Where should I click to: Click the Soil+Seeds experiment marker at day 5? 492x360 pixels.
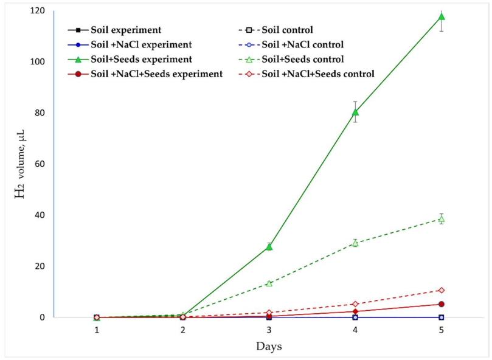pos(442,16)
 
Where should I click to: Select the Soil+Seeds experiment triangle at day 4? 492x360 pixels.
pos(355,112)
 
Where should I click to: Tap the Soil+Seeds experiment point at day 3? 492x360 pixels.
pos(269,246)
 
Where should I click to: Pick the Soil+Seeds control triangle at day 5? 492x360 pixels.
pos(442,219)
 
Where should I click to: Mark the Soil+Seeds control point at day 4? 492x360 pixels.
pos(355,243)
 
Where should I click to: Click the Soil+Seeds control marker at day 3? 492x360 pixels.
pos(269,283)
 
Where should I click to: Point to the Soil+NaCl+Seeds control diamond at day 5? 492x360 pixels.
pos(442,290)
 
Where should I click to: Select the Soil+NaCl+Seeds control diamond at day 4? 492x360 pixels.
pos(355,304)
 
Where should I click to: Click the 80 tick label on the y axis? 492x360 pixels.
pos(41,113)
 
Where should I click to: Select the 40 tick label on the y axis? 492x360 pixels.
pos(41,215)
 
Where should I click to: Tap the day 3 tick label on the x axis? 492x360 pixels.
pos(269,330)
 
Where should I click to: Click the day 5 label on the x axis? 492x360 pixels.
pos(442,330)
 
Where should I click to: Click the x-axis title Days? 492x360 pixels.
pos(268,346)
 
